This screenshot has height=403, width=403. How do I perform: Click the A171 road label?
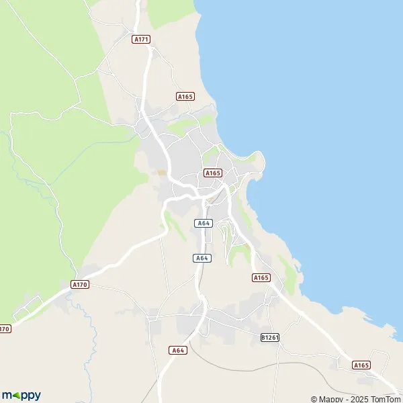pos(141,39)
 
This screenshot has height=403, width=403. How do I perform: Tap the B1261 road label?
pos(269,337)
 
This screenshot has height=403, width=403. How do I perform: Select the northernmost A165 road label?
pos(185,97)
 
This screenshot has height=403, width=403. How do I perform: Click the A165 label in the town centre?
pos(212,173)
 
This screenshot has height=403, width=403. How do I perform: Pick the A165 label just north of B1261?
pos(261,277)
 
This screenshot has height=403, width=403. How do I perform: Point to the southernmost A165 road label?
pos(361,365)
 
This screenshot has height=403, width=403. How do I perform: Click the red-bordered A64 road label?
pos(177,350)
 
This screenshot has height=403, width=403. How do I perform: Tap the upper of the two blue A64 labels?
pos(204,223)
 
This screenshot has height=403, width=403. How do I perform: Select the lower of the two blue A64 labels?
pos(201,258)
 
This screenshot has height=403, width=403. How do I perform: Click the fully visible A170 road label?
pos(79,285)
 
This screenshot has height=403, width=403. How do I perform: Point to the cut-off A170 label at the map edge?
pos(5,328)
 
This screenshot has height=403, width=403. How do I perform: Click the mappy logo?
pos(21,396)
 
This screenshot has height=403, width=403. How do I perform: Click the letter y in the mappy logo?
pos(36,396)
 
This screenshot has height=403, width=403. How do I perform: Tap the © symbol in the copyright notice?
pos(314,399)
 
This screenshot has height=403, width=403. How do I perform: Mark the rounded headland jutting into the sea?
pos(259,161)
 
